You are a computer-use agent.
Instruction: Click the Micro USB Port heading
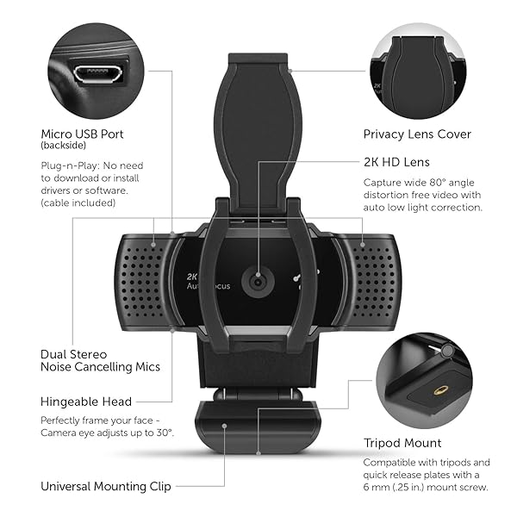pos(83,134)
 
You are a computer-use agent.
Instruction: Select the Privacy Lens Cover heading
pos(417,134)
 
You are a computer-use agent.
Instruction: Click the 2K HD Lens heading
pos(396,162)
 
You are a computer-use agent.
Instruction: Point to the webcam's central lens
pos(257,281)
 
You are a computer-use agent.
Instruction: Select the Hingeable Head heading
pos(86,402)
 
